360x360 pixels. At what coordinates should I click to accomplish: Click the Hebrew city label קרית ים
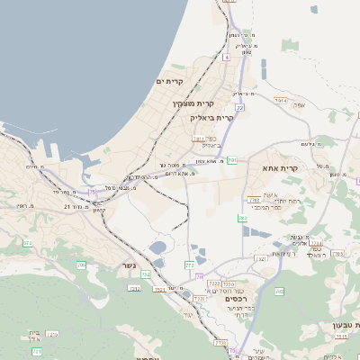169,81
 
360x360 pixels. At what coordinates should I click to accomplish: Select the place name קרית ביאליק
211,117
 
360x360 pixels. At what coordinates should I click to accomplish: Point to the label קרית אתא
280,168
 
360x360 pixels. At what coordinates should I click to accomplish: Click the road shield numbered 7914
281,101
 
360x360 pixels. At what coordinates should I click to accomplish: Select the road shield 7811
199,139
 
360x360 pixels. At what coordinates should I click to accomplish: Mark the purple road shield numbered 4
227,57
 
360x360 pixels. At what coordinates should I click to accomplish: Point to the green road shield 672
27,243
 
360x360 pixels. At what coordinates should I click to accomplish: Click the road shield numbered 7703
337,254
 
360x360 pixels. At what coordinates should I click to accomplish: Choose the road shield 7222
214,283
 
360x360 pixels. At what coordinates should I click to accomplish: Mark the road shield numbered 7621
261,258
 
